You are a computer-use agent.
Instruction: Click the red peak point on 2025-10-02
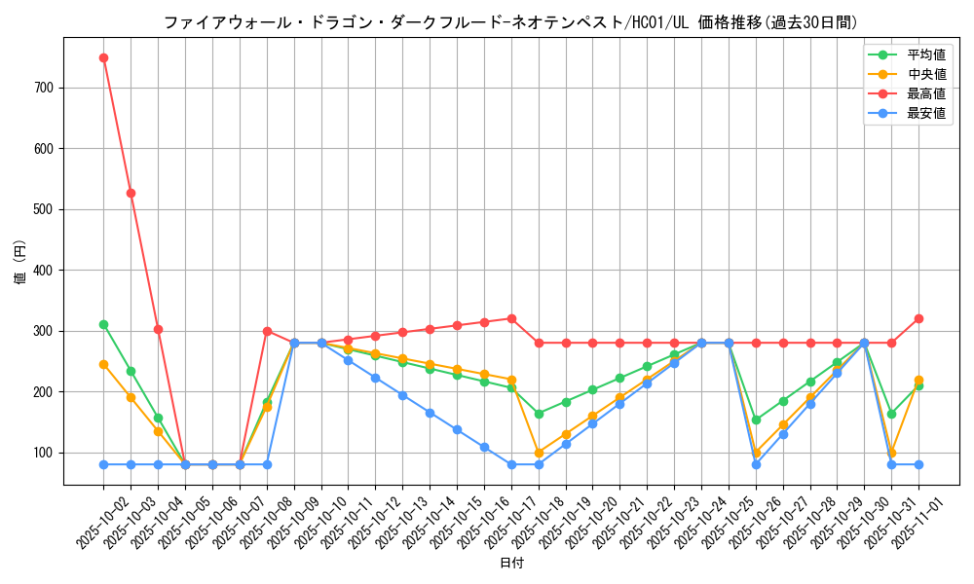tap(103, 57)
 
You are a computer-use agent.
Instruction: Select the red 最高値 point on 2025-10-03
tap(131, 193)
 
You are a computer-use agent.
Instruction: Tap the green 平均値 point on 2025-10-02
tap(103, 324)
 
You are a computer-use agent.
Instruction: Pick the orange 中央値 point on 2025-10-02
tap(103, 364)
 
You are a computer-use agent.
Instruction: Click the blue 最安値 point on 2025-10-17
tap(511, 464)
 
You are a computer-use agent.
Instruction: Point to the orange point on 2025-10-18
tap(539, 453)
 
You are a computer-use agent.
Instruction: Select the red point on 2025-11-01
tap(918, 318)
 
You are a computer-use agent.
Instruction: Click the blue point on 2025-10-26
tap(756, 464)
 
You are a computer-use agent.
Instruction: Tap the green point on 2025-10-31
tap(891, 414)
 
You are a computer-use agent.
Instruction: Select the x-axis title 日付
tap(511, 564)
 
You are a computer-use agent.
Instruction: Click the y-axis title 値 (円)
tap(20, 263)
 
